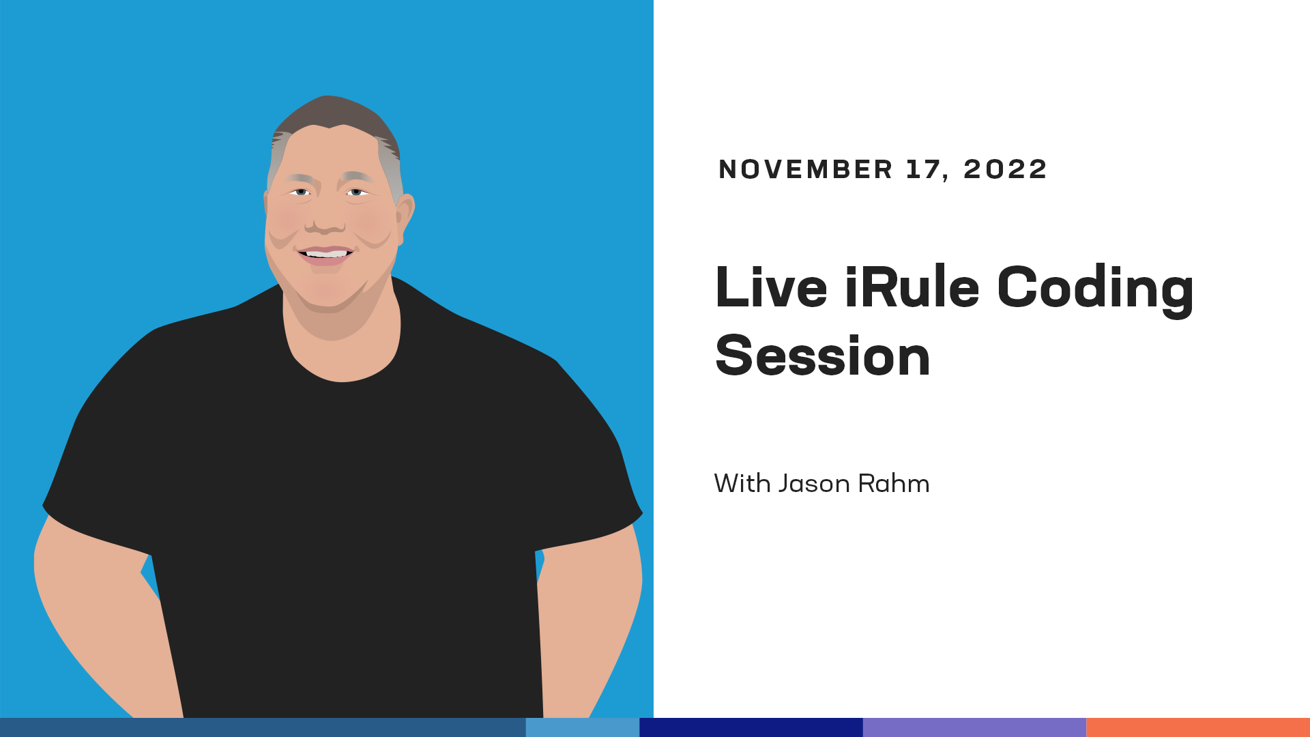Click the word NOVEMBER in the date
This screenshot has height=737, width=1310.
point(805,169)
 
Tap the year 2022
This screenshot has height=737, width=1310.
point(1004,169)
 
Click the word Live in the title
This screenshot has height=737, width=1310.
point(771,287)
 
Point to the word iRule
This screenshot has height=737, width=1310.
point(912,287)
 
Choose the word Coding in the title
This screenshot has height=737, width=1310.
point(1095,290)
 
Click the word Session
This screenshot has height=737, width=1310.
point(823,356)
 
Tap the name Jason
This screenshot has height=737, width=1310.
point(815,483)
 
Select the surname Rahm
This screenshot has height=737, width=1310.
point(894,483)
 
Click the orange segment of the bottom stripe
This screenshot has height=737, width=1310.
point(1198,727)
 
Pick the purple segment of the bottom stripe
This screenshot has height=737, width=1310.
point(974,727)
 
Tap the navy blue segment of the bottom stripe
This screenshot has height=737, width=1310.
point(751,727)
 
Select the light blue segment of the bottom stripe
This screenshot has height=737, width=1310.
point(583,727)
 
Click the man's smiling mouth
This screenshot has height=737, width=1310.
point(325,255)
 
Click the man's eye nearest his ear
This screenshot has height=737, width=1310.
point(356,192)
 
